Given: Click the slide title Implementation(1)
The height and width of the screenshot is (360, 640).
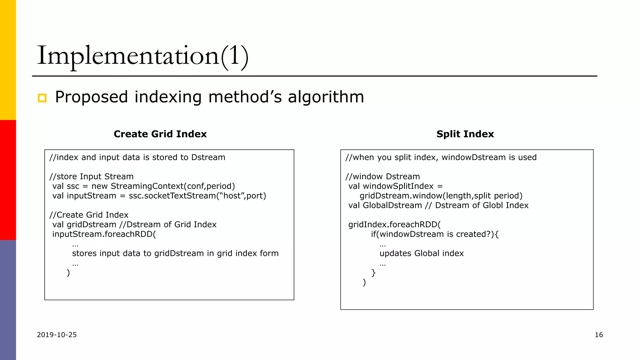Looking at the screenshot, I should pos(143,56).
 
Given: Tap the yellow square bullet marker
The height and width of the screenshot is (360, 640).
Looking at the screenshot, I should pos(42,98).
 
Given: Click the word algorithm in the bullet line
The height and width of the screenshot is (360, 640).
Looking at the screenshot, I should pos(326,97).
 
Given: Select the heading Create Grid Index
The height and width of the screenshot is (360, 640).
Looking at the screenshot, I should pos(160,134).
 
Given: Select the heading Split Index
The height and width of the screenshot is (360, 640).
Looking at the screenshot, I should pos(465,134).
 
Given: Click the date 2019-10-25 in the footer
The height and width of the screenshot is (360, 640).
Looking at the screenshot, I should pos(57,335).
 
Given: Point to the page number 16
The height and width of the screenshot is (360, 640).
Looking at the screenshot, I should pos(599,335).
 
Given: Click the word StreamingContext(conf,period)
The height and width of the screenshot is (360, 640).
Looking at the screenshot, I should pos(172,186).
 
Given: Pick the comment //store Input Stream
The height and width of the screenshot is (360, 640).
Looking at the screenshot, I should pos(91,177).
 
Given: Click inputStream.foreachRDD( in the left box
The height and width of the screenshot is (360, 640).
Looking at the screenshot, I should pos(104,234).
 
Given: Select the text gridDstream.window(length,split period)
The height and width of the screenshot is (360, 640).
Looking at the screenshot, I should pos(441,196).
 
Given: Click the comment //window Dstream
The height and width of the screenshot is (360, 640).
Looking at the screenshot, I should pos(382,177).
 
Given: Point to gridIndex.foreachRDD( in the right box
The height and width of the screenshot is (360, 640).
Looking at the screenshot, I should pos(394,225).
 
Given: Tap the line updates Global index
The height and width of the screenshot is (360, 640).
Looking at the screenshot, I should pos(422,253).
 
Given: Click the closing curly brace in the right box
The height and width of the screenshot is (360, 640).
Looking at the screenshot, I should pos(373,272).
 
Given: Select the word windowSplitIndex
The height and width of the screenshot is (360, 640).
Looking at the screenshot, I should pos(398,186).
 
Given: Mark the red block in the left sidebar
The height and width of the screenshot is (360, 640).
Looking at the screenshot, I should pos(8,180).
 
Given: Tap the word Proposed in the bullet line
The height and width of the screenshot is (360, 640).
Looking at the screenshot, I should pos(91,97).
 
